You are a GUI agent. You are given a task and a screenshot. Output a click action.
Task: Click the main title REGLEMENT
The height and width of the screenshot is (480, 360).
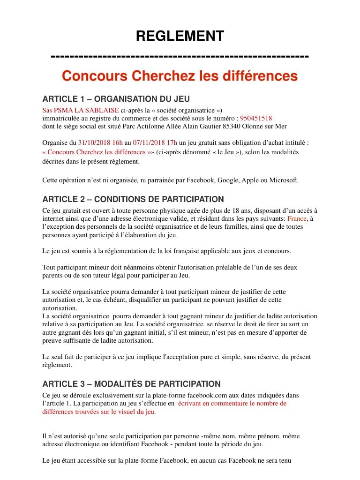[x=180, y=36]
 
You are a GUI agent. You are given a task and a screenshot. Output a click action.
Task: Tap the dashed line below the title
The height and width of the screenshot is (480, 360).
[x=180, y=57]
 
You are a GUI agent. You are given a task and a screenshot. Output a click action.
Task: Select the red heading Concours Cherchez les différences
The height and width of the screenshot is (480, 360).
[x=180, y=75]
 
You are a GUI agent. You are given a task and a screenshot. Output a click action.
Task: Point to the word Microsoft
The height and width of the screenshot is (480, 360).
[x=284, y=180]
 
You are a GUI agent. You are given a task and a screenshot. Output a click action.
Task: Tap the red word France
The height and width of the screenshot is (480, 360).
[x=296, y=218]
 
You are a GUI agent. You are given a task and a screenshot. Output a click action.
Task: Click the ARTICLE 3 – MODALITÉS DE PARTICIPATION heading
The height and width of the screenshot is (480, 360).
[x=131, y=384]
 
